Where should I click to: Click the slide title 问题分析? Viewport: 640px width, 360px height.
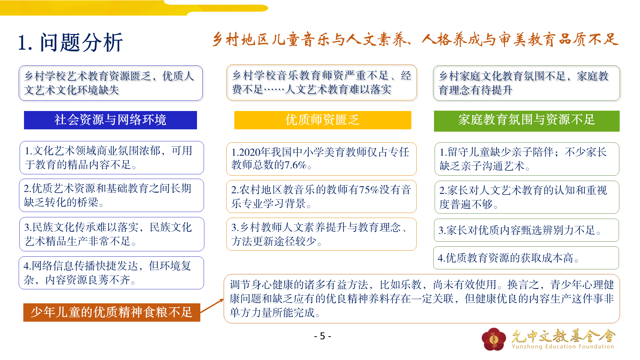coord(81,43)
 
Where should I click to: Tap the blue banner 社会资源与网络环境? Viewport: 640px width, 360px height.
coord(110,120)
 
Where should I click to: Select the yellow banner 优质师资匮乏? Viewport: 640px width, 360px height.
coord(323,120)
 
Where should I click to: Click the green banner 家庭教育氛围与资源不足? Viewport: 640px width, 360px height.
coord(527,121)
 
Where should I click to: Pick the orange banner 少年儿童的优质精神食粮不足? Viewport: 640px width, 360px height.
coord(112,312)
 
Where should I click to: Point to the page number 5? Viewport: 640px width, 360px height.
coord(322,336)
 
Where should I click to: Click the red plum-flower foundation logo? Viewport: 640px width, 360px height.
coord(494,339)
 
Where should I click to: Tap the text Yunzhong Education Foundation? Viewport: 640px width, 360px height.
coord(563,347)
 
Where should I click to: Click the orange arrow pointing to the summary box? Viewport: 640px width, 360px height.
coord(212,306)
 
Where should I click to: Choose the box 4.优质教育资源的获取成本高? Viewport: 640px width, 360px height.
coord(526,258)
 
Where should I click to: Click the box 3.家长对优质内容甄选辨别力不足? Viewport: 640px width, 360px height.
coord(526,230)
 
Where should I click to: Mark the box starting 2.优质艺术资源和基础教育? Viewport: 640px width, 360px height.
coord(111,195)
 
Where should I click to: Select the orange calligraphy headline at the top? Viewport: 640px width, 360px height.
coord(415,40)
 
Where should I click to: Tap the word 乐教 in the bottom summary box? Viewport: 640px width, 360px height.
coord(411,285)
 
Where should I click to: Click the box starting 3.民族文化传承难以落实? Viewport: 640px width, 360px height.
coord(112,234)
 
